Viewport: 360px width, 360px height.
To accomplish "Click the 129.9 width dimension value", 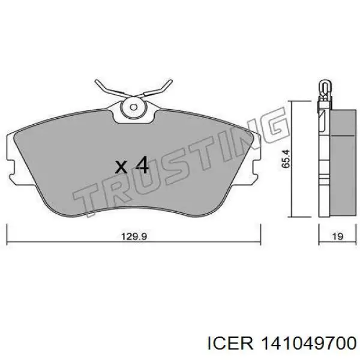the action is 134,236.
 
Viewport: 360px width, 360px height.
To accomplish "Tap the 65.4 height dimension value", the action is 287,159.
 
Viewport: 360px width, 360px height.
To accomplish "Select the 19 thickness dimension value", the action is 337,236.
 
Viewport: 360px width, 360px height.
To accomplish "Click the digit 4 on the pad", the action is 142,164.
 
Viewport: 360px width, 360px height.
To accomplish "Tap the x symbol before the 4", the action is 121,167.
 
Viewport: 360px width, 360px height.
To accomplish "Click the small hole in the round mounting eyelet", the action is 133,107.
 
